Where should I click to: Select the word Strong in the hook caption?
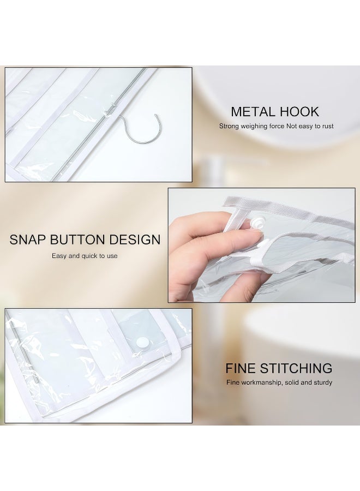coord(230,126)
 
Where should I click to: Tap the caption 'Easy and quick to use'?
coord(85,255)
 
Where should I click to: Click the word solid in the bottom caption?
coord(293,382)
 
